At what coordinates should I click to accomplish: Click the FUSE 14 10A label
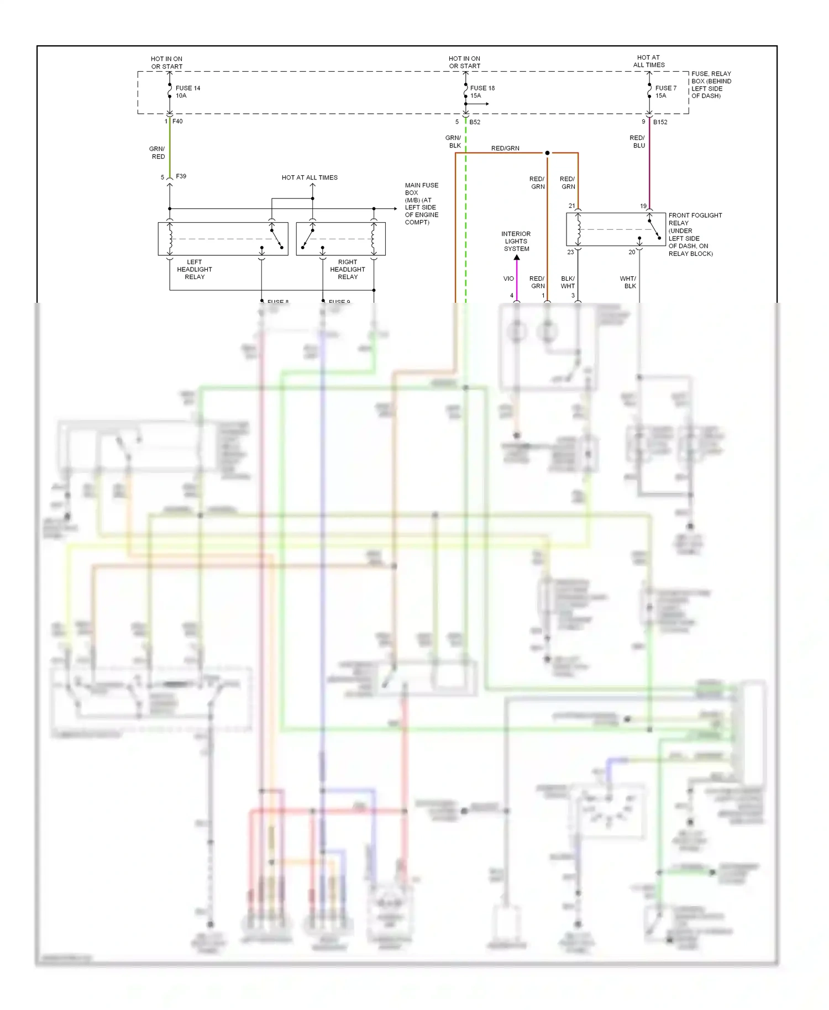click(187, 92)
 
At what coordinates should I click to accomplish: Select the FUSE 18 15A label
click(482, 92)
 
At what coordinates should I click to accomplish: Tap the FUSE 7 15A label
click(665, 92)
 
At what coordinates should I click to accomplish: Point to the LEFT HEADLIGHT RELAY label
click(195, 270)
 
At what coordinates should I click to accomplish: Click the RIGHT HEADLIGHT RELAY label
click(348, 270)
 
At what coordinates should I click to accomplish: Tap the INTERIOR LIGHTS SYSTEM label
click(516, 241)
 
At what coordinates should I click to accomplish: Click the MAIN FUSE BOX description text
click(421, 204)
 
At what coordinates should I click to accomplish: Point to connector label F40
click(177, 122)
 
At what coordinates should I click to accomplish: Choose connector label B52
click(475, 122)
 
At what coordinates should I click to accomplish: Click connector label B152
click(660, 122)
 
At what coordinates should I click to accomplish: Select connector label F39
click(181, 176)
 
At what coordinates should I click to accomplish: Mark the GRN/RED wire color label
click(158, 152)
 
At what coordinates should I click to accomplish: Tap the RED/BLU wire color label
click(638, 141)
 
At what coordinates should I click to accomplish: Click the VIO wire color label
click(508, 279)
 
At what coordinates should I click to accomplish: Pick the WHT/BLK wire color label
click(628, 282)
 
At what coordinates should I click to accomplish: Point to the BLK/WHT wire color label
click(568, 282)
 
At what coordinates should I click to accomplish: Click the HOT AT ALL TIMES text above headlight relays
click(309, 178)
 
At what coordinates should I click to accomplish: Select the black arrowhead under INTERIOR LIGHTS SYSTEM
click(517, 257)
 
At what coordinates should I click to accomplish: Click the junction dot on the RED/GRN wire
click(547, 153)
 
